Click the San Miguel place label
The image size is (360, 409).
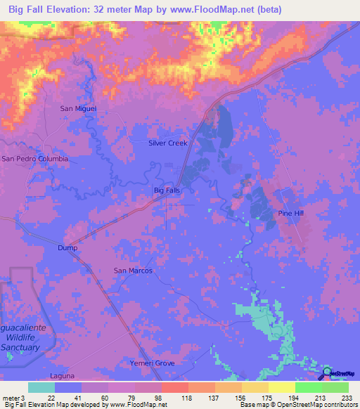tap(77, 108)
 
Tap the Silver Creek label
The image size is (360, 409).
tap(168, 143)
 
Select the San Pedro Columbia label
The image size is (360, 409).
tap(35, 159)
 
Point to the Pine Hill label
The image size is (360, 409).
tap(291, 213)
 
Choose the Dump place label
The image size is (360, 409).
tap(67, 248)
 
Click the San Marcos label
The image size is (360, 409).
tap(133, 270)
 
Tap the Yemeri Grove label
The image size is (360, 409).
tap(152, 363)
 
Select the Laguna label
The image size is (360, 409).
tap(62, 377)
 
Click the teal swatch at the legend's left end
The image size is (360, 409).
tap(41, 387)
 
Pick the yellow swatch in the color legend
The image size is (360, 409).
tap(281, 387)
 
